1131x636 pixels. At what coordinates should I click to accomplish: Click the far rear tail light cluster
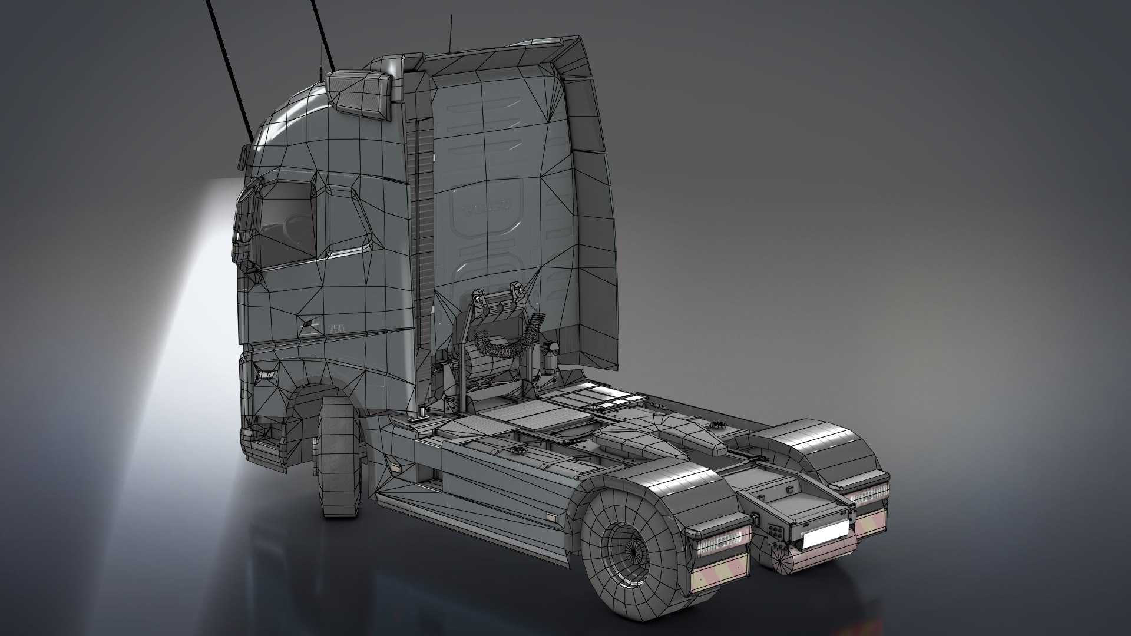click(x=869, y=493)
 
